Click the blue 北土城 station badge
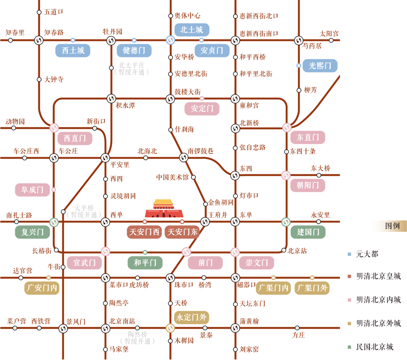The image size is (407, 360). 192,30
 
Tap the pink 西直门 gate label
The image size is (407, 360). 75,138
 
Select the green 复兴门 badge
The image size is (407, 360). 33,232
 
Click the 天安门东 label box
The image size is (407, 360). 182,232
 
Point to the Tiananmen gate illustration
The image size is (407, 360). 164,208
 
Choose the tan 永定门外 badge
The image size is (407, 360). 192,317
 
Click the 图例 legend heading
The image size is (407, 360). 392,226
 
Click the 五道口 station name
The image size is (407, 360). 54,12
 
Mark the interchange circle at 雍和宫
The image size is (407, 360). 235,99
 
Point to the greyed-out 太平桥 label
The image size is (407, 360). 84,208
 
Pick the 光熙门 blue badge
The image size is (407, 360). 320,66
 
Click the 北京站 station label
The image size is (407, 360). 297,251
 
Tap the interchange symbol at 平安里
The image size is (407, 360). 105,158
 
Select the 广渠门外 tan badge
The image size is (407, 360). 312,288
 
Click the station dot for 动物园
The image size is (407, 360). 14,128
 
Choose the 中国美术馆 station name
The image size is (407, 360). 172,177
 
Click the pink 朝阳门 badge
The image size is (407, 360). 308,185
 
